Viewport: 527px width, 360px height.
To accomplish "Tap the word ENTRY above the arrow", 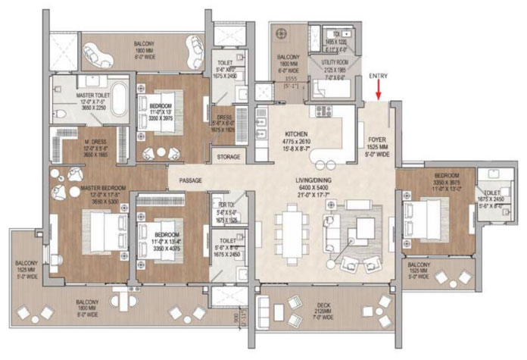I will click(x=379, y=77).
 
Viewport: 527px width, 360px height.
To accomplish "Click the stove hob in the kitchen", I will click(x=323, y=112).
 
